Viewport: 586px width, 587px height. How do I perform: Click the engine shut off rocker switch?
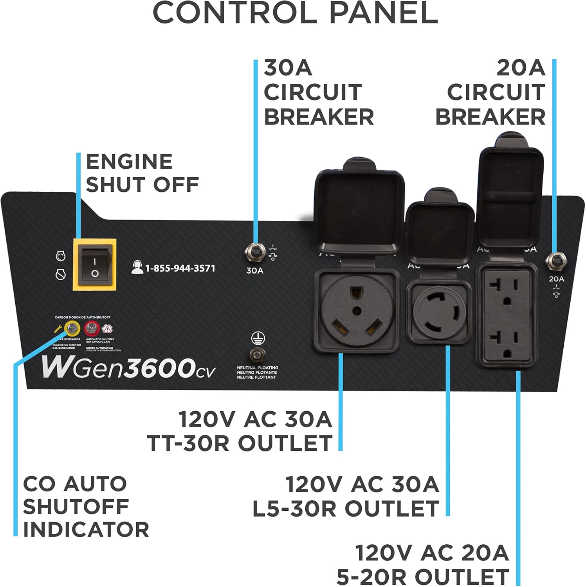95,265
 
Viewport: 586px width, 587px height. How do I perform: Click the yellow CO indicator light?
72,328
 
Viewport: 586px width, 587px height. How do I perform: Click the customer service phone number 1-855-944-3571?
180,268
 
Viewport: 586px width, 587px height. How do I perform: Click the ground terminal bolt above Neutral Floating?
257,355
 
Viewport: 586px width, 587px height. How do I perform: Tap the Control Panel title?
295,13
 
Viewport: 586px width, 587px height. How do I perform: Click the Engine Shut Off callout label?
142,173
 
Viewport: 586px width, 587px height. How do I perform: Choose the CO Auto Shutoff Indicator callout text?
85,506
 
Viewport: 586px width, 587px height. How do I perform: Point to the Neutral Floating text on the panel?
257,373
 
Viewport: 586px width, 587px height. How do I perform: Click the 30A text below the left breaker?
254,270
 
